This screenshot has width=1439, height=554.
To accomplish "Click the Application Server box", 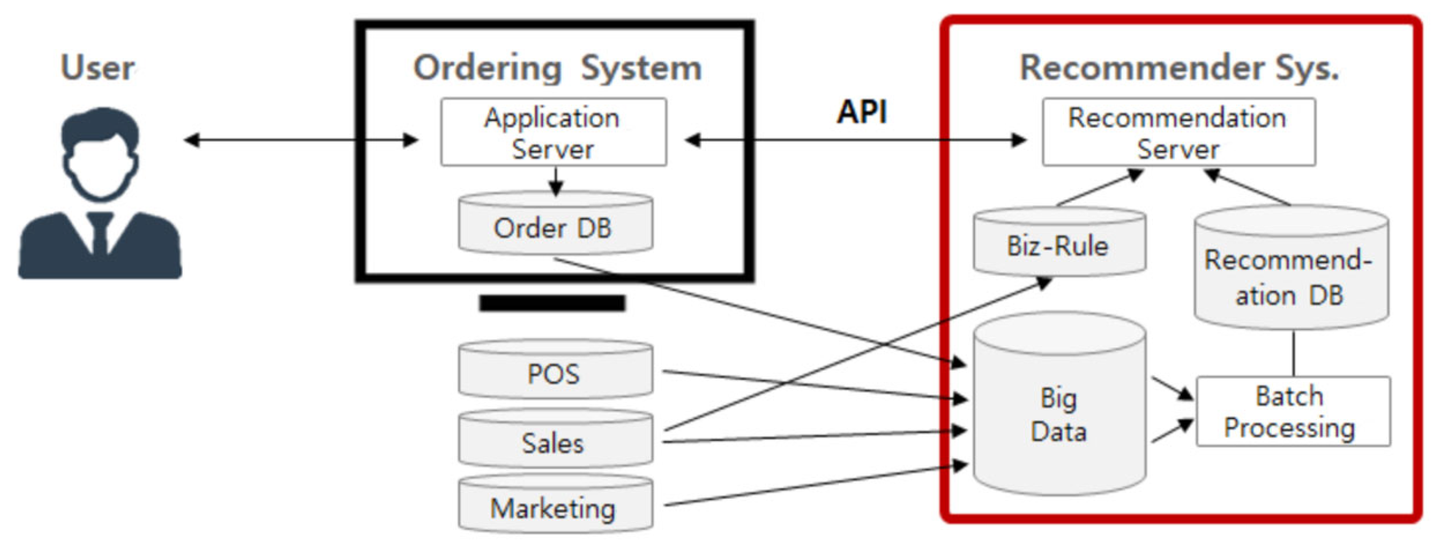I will pyautogui.click(x=553, y=132).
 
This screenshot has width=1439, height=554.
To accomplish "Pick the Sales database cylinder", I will pyautogui.click(x=555, y=441).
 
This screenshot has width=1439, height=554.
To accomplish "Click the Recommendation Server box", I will pyautogui.click(x=1178, y=132).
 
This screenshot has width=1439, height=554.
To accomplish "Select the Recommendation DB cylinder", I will pyautogui.click(x=1290, y=276).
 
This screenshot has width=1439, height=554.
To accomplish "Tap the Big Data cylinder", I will pyautogui.click(x=1059, y=414).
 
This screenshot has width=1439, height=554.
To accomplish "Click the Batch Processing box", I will pyautogui.click(x=1292, y=411).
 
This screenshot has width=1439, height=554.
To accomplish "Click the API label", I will pyautogui.click(x=862, y=112).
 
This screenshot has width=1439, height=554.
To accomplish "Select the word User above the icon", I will pyautogui.click(x=98, y=67).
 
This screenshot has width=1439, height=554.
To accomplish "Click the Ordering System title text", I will pyautogui.click(x=557, y=67).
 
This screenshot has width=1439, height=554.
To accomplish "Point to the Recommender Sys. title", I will pyautogui.click(x=1178, y=67).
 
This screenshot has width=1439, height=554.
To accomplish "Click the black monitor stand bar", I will pyautogui.click(x=552, y=303).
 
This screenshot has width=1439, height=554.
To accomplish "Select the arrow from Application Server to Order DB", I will pyautogui.click(x=556, y=181).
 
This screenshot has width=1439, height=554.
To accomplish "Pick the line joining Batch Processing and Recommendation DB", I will pyautogui.click(x=1294, y=353).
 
